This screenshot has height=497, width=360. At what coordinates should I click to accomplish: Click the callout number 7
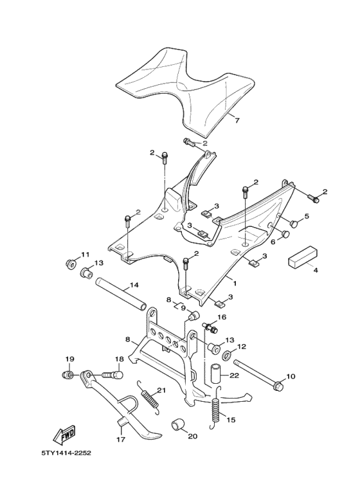[235, 120]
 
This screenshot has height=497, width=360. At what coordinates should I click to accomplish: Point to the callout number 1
[234, 282]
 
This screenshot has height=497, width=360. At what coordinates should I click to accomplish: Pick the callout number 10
[290, 376]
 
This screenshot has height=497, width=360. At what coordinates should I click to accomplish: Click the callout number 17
[120, 440]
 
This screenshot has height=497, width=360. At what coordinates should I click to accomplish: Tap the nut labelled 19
[66, 374]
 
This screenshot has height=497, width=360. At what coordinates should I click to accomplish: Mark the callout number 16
[221, 318]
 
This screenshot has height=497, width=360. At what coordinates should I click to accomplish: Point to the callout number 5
[307, 217]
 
